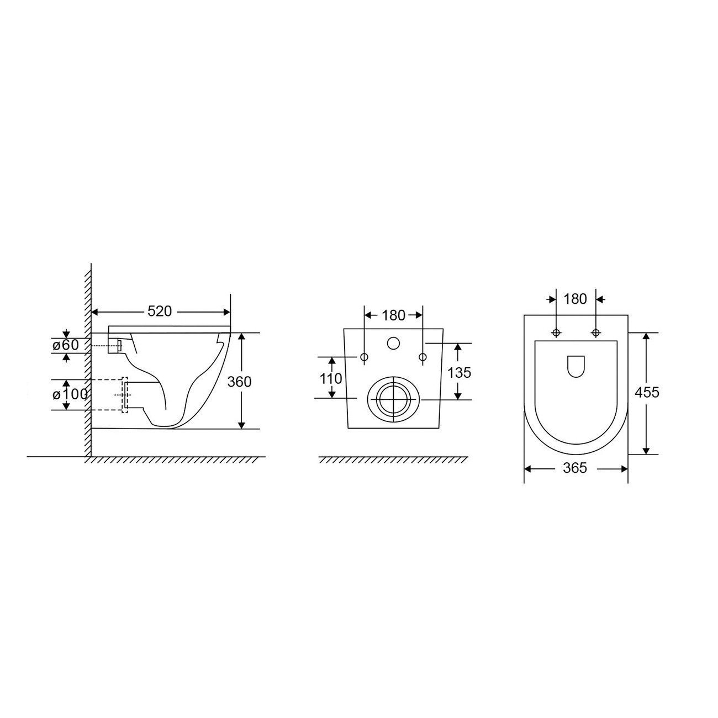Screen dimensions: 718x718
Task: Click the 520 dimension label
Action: tap(160, 312)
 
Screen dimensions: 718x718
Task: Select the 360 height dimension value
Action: tap(239, 382)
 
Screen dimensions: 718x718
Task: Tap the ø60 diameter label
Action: tap(66, 345)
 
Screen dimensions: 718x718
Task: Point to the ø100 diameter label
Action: tap(70, 394)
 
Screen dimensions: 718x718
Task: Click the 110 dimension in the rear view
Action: tap(331, 378)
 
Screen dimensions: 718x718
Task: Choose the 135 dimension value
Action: tap(459, 373)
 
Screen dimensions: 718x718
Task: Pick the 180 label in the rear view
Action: tap(393, 315)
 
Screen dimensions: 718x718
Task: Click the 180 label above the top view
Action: tap(576, 299)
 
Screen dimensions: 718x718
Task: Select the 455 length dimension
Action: tap(647, 392)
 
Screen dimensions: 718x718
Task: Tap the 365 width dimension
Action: tap(575, 468)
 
